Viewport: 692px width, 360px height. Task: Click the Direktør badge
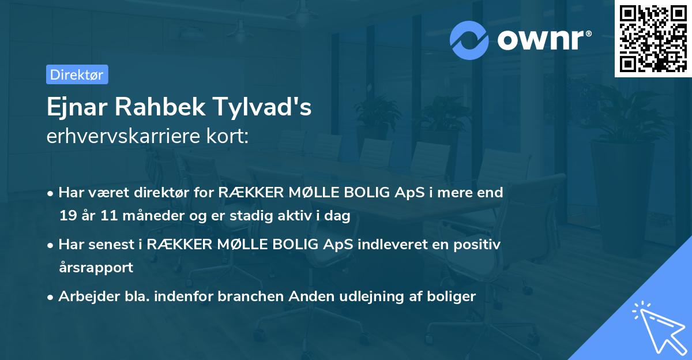pos(77,74)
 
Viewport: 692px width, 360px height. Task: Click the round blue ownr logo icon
pos(469,40)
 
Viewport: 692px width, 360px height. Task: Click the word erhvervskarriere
pos(119,137)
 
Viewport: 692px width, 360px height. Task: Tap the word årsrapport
pos(96,267)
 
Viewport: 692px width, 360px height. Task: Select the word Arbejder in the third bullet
pos(85,297)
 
